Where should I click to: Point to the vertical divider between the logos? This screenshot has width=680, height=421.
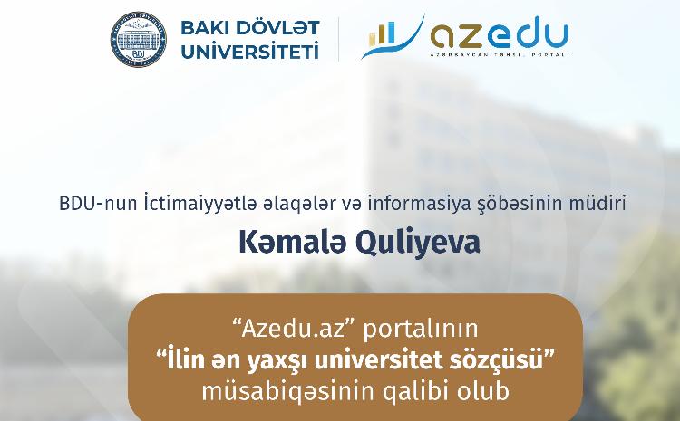(338, 38)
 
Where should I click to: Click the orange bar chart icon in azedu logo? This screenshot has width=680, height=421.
(384, 33)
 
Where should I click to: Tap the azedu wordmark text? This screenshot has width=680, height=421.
(500, 34)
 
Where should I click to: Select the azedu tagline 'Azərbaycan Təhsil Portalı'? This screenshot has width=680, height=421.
(500, 55)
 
